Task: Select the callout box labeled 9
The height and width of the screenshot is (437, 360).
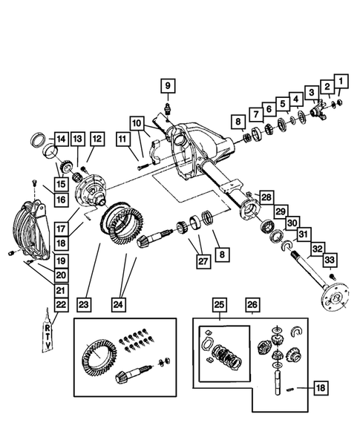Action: click(x=167, y=86)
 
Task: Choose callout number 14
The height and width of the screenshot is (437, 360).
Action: click(x=61, y=137)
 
